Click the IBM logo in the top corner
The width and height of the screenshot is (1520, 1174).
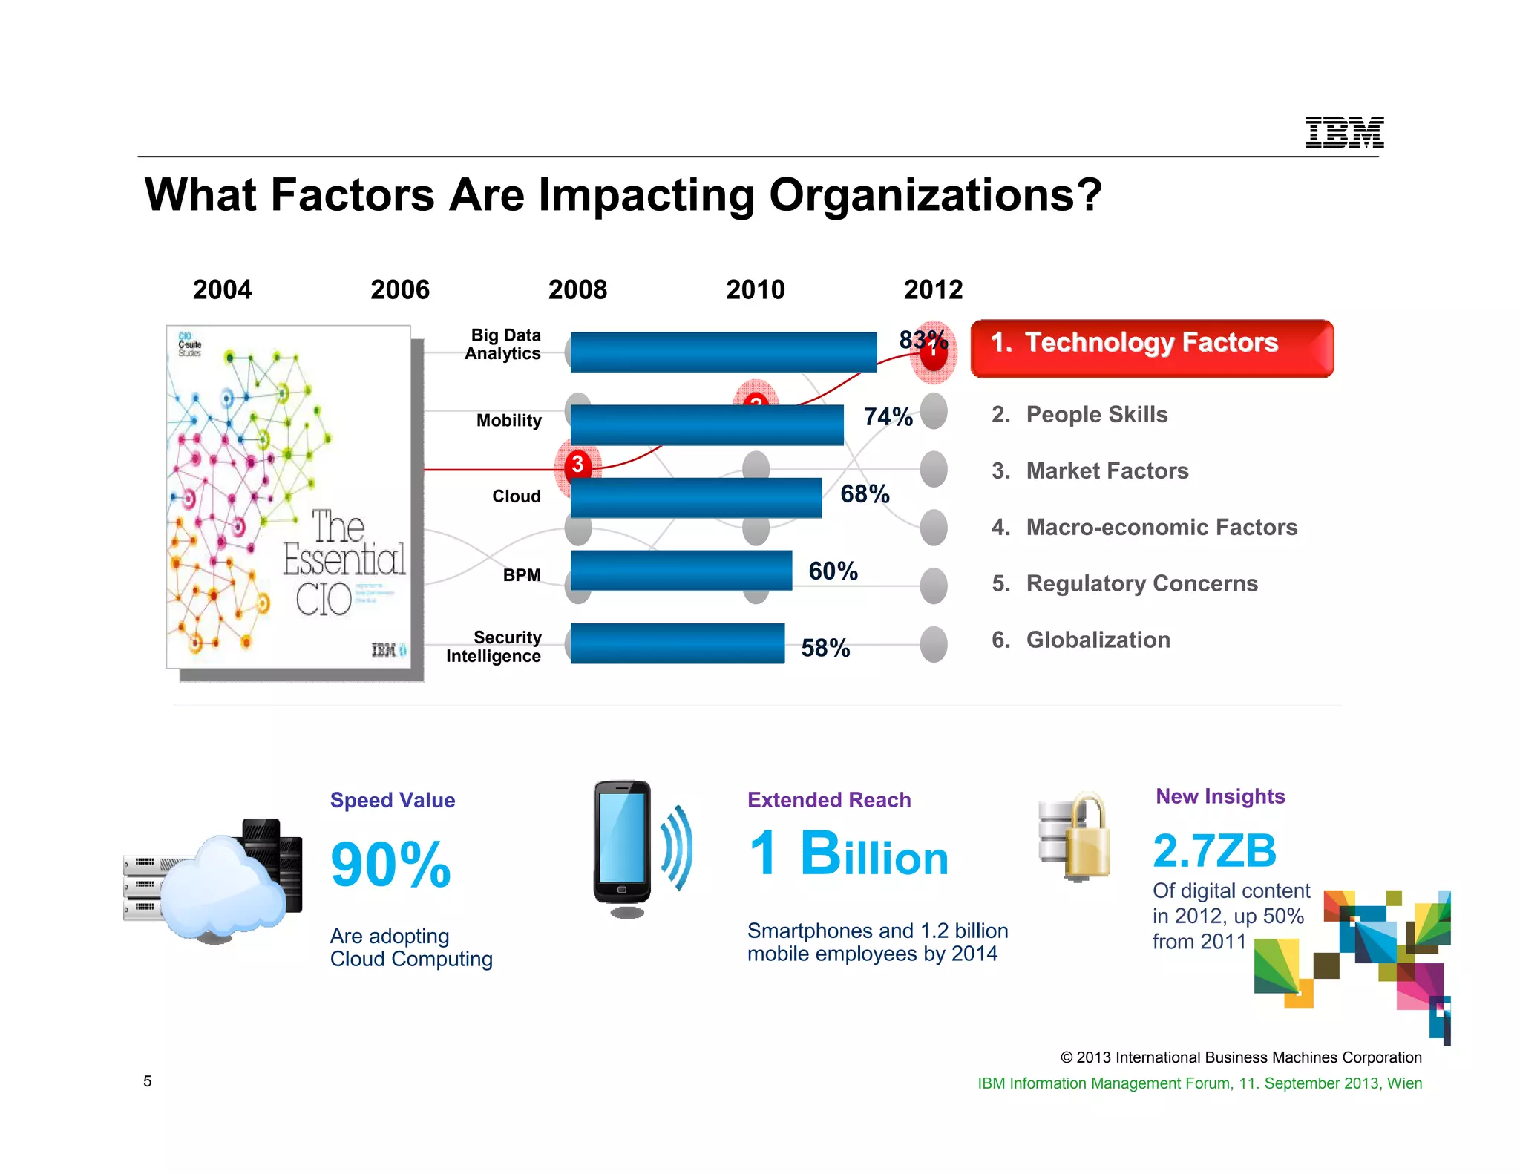(x=1344, y=133)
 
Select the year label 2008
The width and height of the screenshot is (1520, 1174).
(x=577, y=289)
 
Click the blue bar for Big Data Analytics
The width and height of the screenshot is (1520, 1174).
(x=723, y=352)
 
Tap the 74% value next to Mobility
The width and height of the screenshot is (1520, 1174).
(x=888, y=417)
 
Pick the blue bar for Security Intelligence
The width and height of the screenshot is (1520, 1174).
(x=677, y=643)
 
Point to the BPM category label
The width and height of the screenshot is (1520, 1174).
(x=522, y=575)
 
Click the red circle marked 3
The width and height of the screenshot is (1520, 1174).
(x=577, y=465)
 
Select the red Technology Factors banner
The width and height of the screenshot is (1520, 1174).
(x=1151, y=349)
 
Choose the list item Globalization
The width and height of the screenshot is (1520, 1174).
(x=1097, y=640)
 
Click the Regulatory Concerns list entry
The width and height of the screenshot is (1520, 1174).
(x=1141, y=583)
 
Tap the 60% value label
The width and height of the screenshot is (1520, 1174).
(x=833, y=571)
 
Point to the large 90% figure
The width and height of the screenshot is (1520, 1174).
(x=390, y=865)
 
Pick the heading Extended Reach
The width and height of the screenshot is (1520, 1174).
(x=829, y=800)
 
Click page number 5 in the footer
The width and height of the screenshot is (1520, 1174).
(x=148, y=1081)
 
